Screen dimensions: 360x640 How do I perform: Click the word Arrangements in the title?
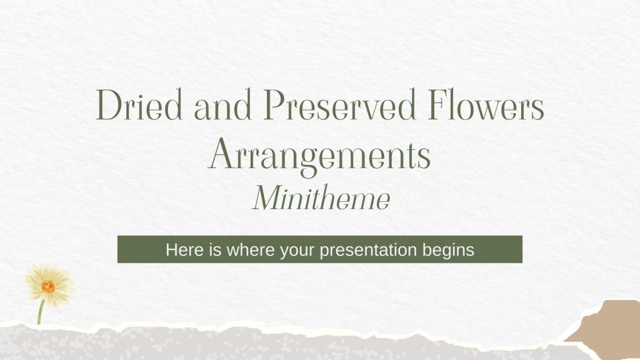[320, 155]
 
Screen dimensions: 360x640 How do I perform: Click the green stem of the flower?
[41, 313]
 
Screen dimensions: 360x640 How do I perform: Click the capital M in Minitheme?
[267, 199]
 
